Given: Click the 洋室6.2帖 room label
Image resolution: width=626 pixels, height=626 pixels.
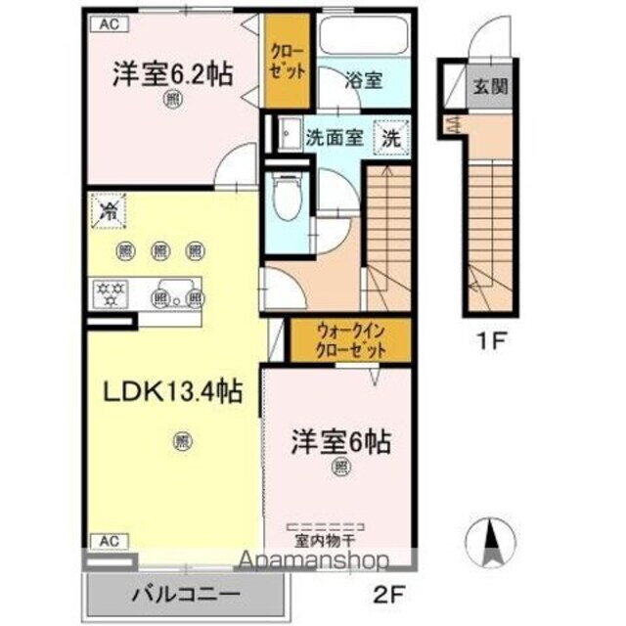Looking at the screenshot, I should [x=171, y=74].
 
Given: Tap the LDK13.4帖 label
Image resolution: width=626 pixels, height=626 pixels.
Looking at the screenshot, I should [x=173, y=391].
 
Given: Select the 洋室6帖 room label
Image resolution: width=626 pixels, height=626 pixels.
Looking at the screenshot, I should [x=339, y=442].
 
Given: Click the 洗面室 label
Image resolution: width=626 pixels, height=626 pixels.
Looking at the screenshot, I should [x=335, y=136].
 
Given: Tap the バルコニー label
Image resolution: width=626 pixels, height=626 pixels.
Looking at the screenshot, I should [x=186, y=592].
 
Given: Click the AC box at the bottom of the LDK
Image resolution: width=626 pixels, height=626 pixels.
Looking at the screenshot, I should [x=109, y=540].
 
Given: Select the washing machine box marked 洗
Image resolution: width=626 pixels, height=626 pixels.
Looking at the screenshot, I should [x=390, y=137].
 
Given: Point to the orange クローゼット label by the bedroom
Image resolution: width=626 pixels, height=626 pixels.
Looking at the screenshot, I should [x=289, y=63].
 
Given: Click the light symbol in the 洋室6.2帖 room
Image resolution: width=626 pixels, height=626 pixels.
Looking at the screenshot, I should [x=172, y=99].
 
